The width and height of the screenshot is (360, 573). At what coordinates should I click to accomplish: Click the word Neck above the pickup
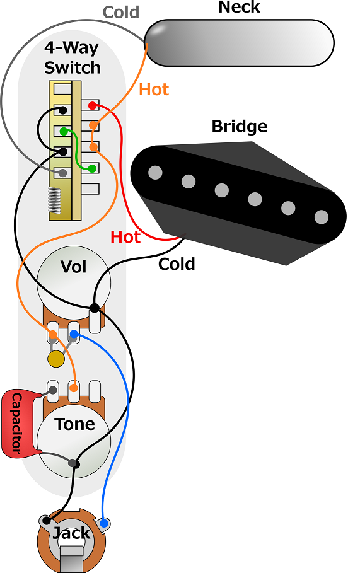(239, 7)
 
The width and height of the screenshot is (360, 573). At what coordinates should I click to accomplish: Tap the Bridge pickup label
(240, 127)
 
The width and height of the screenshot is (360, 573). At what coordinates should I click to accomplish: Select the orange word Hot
(154, 90)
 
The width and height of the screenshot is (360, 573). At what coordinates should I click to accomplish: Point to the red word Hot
(125, 237)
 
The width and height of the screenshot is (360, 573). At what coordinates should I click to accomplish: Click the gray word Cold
(121, 13)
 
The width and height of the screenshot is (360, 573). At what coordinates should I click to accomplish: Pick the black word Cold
(177, 264)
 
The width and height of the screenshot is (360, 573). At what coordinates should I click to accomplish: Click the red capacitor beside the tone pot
(17, 423)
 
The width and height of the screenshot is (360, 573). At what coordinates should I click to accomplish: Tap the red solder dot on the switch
(93, 106)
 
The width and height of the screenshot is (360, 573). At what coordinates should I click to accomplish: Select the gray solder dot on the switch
(63, 173)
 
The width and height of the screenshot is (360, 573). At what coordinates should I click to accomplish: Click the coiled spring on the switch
(54, 200)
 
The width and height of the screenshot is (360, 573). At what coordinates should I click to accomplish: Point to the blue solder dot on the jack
(104, 523)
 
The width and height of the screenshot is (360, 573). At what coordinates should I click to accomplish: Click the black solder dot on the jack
(47, 521)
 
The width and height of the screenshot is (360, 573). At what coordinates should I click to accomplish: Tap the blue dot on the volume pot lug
(74, 334)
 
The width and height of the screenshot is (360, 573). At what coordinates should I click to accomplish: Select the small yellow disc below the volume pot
(56, 359)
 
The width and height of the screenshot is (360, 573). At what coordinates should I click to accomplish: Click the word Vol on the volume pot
(74, 267)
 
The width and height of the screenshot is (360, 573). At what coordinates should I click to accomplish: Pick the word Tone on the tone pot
(74, 424)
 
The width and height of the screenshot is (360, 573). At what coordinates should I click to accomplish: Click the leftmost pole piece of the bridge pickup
(155, 173)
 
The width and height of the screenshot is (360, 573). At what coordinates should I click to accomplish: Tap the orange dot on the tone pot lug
(74, 388)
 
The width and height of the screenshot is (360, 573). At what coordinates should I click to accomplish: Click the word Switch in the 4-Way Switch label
(73, 68)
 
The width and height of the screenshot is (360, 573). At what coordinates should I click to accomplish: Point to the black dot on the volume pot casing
(95, 308)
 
